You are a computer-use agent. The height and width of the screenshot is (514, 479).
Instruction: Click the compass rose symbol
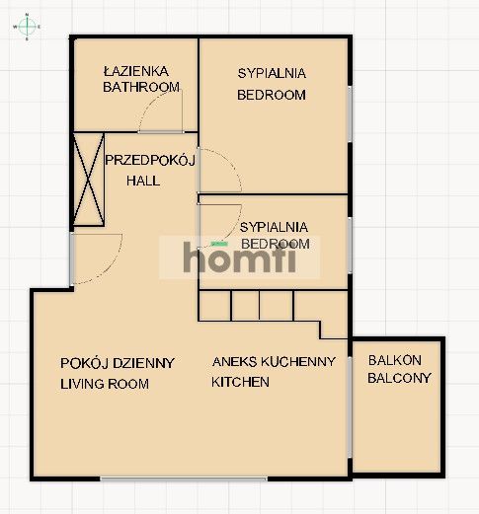[27, 27]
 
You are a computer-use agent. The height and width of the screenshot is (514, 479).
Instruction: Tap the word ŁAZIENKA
[136, 71]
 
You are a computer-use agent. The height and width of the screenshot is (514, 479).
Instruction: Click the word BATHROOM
[141, 87]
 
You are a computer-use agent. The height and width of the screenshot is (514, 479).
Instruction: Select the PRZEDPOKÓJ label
[150, 160]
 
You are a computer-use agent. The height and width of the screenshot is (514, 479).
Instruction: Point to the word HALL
[143, 181]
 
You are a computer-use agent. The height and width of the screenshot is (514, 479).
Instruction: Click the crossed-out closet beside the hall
[89, 180]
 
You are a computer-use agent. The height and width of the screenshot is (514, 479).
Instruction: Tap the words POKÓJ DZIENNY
[118, 363]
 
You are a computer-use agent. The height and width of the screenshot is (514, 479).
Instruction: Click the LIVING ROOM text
[105, 384]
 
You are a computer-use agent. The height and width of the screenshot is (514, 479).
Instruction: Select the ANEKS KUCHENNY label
[274, 362]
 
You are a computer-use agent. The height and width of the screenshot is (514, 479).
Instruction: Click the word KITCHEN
[240, 382]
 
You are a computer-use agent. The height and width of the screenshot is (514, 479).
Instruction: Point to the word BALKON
[395, 360]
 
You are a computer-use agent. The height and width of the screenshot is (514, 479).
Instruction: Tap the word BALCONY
[399, 378]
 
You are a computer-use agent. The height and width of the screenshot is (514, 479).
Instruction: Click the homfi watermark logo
[239, 257]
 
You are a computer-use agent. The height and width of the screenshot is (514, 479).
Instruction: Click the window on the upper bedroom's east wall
[351, 114]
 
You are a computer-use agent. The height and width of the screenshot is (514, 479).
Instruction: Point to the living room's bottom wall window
[184, 478]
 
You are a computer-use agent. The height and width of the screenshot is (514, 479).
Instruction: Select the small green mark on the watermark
[219, 244]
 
